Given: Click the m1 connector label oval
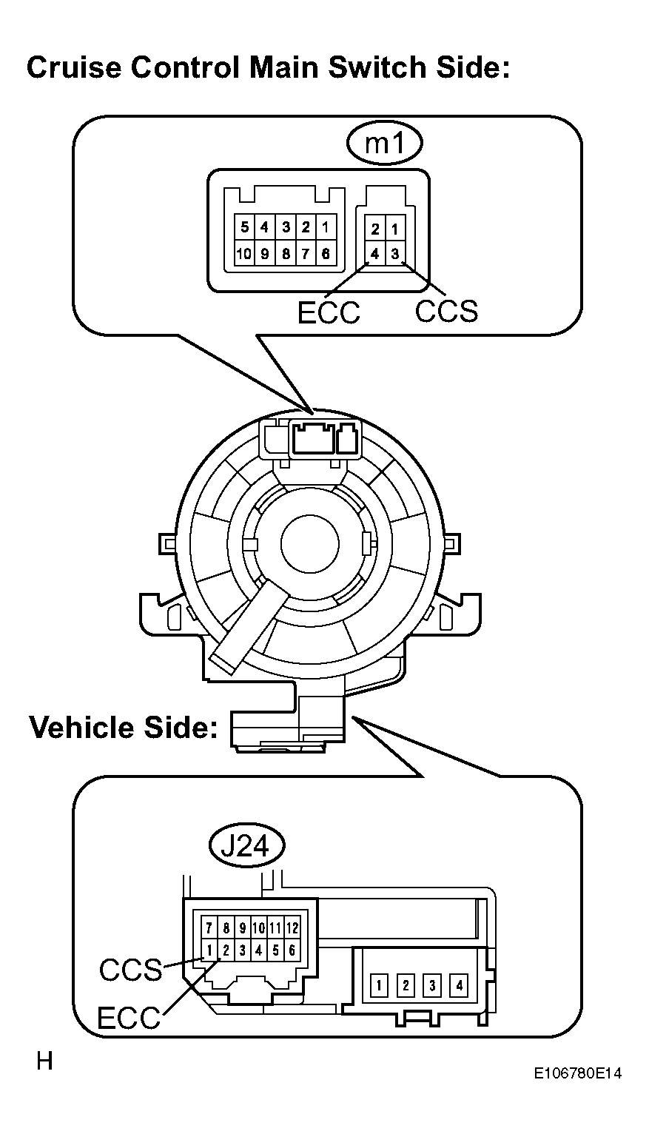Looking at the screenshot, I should click(x=384, y=144).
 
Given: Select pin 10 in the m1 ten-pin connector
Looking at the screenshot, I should click(x=243, y=254).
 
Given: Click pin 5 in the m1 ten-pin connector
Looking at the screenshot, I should click(x=244, y=226).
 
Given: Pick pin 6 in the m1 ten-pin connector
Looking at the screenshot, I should click(x=325, y=254).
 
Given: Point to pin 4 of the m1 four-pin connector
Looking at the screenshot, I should click(x=375, y=254).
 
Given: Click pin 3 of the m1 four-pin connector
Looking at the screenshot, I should click(x=395, y=254).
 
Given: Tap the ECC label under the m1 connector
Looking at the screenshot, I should click(x=328, y=312).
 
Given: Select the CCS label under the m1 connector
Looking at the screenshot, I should click(x=445, y=311).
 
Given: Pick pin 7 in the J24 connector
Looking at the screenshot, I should click(x=210, y=927).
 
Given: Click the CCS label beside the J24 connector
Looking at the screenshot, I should click(x=130, y=970).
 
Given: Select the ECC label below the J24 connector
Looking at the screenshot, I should click(x=129, y=1019).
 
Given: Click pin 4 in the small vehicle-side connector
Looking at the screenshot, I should click(x=460, y=986).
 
